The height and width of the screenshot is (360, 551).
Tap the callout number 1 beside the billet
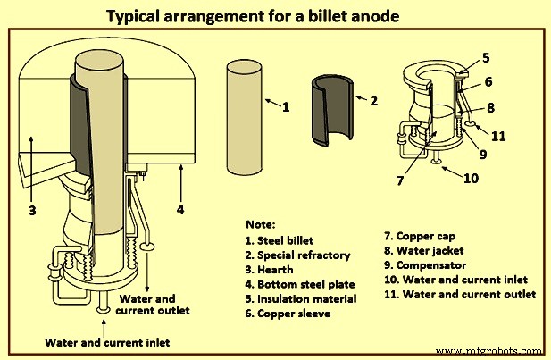[286, 107]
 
